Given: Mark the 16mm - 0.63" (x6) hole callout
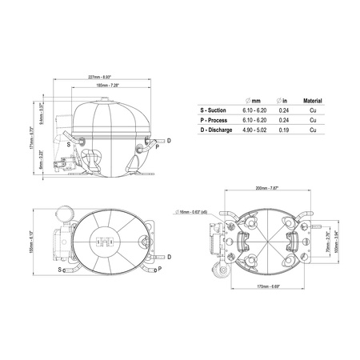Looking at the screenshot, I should pyautogui.click(x=195, y=212).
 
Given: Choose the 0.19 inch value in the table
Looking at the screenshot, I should pyautogui.click(x=285, y=129).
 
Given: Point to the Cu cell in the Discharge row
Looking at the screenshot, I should pyautogui.click(x=312, y=129).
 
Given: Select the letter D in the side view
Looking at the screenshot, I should pyautogui.click(x=168, y=141).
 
